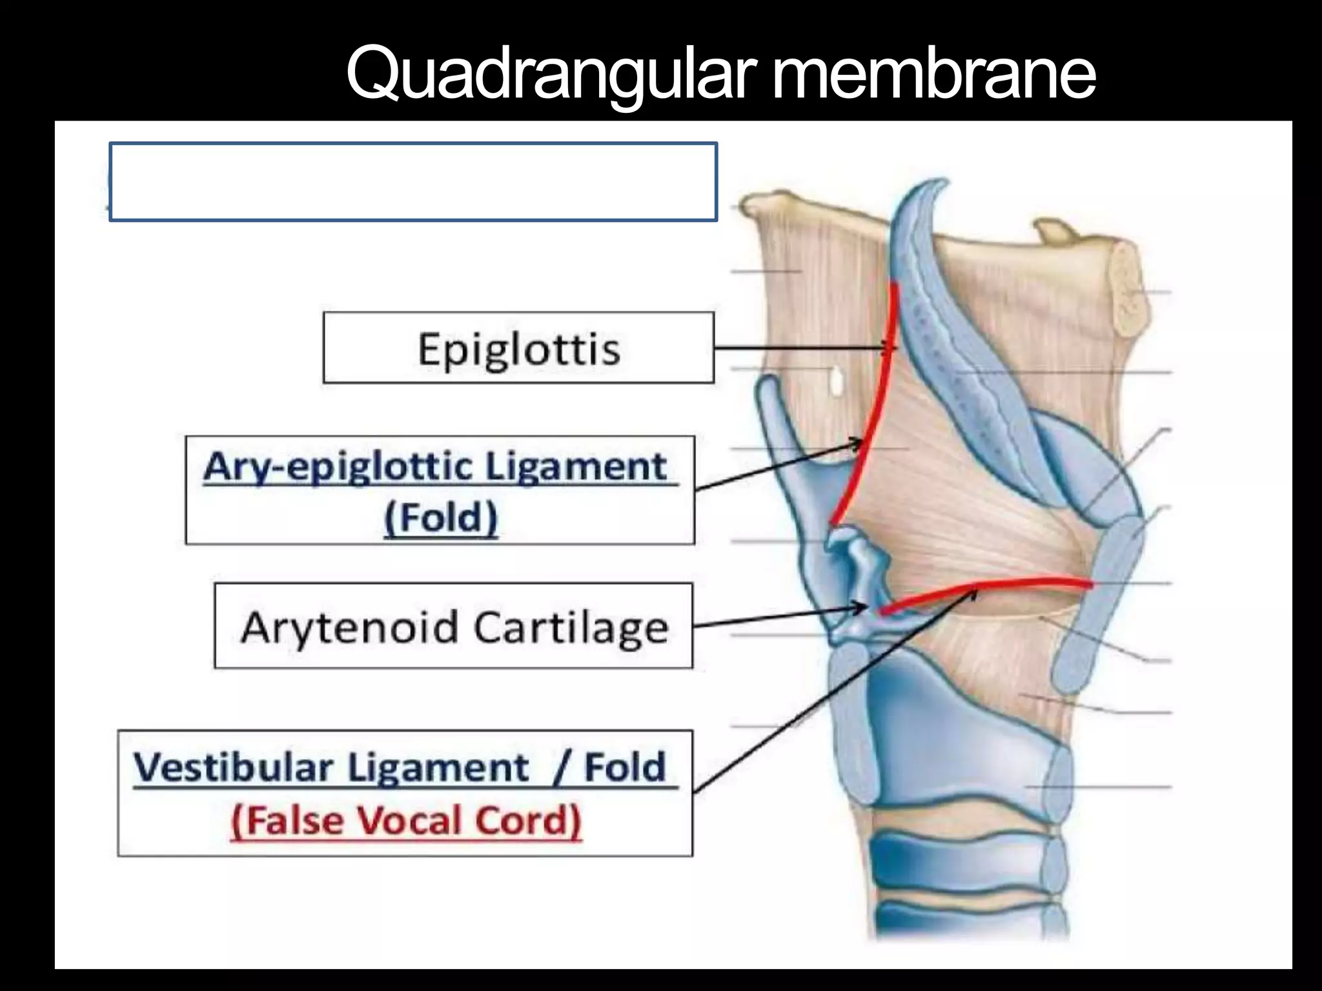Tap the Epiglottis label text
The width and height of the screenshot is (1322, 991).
pos(519,350)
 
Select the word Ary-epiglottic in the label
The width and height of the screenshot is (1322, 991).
pos(338,466)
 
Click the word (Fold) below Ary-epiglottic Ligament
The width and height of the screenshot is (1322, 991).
pos(441,518)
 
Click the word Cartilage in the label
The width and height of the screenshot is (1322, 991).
pos(571,627)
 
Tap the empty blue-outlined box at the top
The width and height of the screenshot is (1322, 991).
pos(413,181)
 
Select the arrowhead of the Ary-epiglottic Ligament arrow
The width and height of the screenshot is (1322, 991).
pos(859,444)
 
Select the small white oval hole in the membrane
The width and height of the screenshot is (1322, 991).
pos(836,382)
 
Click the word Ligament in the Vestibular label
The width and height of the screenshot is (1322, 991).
pos(438,767)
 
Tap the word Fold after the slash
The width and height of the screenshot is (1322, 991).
pos(625,767)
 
